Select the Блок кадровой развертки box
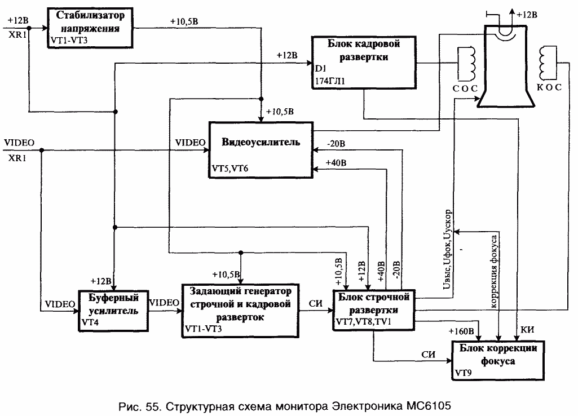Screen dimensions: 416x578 (364, 61)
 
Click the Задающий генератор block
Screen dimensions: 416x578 (240, 311)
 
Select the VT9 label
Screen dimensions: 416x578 (462, 373)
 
